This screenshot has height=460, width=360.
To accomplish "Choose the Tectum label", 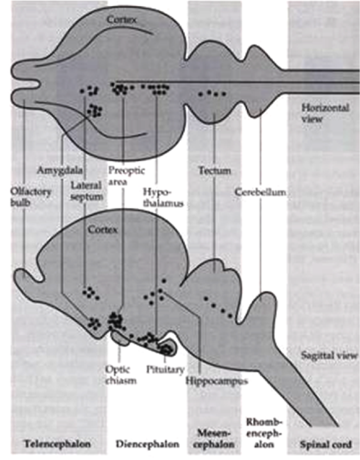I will (x=214, y=171).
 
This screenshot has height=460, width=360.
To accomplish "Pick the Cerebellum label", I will (x=260, y=192).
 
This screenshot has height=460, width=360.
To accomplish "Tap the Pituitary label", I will (x=162, y=369).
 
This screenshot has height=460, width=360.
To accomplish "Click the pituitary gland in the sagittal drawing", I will (x=166, y=347).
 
